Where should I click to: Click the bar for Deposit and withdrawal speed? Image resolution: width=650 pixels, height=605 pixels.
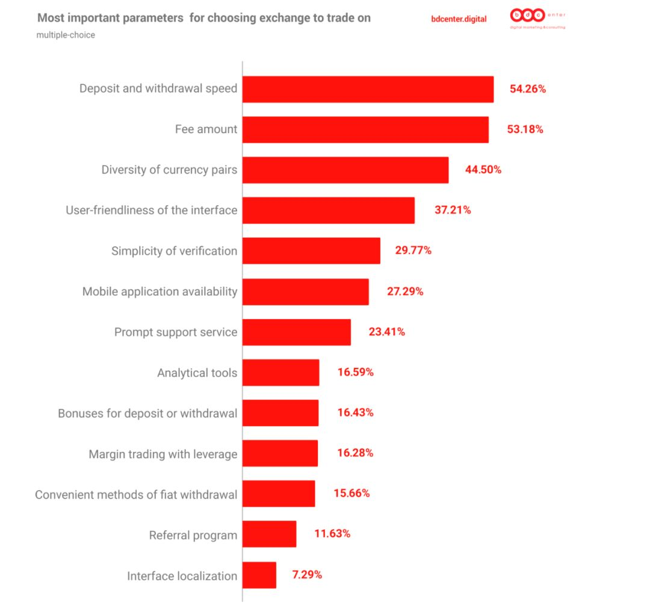coord(368,89)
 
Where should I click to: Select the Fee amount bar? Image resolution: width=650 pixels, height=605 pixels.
coord(365,129)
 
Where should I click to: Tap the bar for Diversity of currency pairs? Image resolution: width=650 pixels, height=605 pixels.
coord(345,170)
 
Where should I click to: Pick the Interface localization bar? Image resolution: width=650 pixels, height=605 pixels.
coord(259,576)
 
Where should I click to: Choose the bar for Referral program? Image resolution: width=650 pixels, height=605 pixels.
coord(269,535)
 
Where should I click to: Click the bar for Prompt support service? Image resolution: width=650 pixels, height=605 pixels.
coord(296,332)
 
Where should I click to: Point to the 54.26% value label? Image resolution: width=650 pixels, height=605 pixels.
coord(528,89)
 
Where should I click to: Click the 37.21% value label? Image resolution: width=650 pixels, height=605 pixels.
coord(453,210)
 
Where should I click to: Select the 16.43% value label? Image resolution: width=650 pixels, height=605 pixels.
coord(355,413)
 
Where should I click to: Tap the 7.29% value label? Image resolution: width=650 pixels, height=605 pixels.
coord(307,575)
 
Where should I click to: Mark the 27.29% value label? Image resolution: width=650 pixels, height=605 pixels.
coord(405,291)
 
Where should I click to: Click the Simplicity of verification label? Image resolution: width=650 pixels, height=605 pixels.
coord(174,251)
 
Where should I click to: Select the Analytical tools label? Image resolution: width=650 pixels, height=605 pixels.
coord(197,373)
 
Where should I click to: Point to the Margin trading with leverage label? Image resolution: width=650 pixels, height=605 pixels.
coord(162,454)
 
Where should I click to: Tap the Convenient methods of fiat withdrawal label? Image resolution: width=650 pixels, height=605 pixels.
coord(136,495)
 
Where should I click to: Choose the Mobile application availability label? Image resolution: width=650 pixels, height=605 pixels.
coord(159,291)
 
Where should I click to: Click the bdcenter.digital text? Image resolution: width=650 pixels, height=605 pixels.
coord(459,19)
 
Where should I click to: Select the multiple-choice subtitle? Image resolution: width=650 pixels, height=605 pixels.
coord(66,35)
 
